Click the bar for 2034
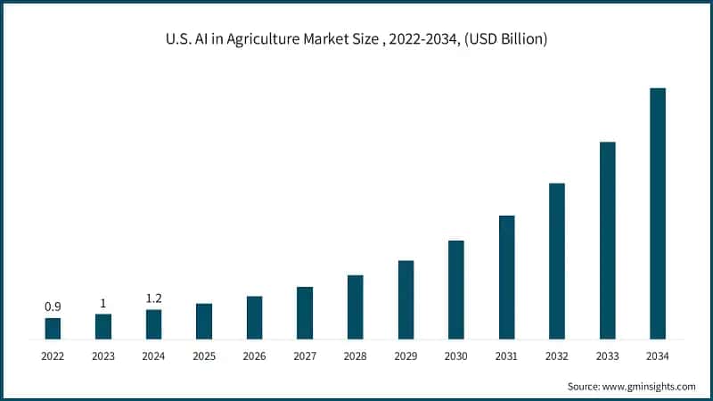658,214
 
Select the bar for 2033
607,241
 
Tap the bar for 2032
557,261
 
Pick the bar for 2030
456,290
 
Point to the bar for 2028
355,307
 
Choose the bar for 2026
254,317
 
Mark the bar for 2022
53,328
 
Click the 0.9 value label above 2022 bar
53,307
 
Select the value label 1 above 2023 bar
102,303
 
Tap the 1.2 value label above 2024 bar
153,299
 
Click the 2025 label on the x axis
203,356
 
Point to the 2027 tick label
305,356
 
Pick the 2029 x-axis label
406,356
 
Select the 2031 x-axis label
506,356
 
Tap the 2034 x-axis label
658,356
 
